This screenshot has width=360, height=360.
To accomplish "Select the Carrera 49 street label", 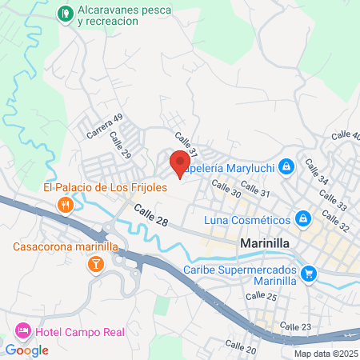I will click(105, 126).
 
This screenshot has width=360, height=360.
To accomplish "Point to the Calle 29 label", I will click(121, 146).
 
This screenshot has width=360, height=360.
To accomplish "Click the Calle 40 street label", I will click(345, 137).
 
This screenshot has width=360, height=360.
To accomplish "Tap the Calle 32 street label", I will click(338, 222).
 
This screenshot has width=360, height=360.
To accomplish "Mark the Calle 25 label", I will click(261, 296).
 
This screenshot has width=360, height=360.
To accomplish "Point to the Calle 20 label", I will click(240, 346).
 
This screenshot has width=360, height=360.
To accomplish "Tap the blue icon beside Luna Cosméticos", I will click(303, 218).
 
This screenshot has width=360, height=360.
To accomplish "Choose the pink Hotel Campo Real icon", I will click(23, 330).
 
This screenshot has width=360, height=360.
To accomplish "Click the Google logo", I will click(27, 350).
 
